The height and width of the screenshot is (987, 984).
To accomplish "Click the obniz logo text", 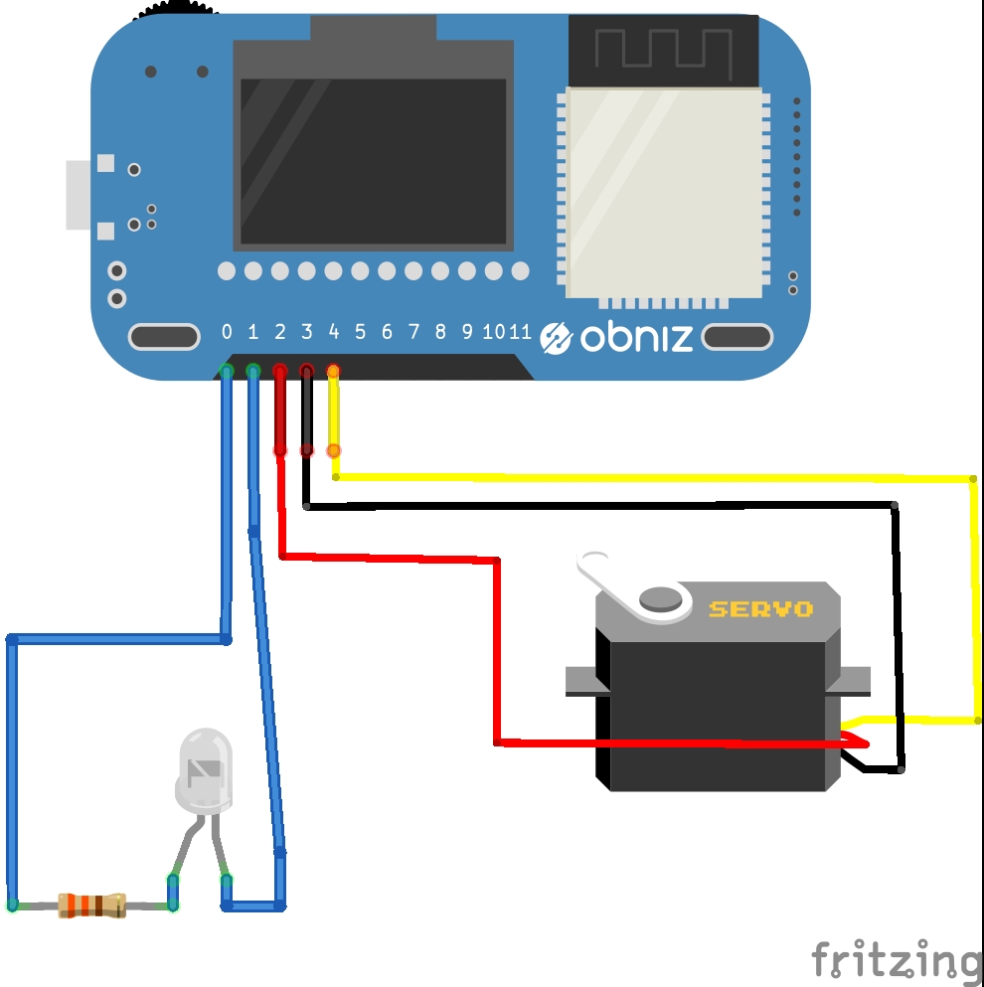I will (636, 338).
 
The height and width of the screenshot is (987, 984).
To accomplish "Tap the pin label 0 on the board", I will (227, 332).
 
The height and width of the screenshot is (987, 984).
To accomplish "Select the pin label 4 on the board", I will (334, 332).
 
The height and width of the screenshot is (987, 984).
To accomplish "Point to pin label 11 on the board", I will (520, 332).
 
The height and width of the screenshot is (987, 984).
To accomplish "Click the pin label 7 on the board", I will (413, 332).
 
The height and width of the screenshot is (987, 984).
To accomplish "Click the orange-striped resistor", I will (92, 905).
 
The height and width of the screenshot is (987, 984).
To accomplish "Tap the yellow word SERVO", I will (760, 608).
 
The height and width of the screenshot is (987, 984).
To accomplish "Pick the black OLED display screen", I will (373, 161).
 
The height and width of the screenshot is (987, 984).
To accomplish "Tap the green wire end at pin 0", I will (227, 373).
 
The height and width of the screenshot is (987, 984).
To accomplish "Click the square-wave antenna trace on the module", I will (663, 50).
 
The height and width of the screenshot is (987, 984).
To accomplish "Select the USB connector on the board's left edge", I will (80, 195).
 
